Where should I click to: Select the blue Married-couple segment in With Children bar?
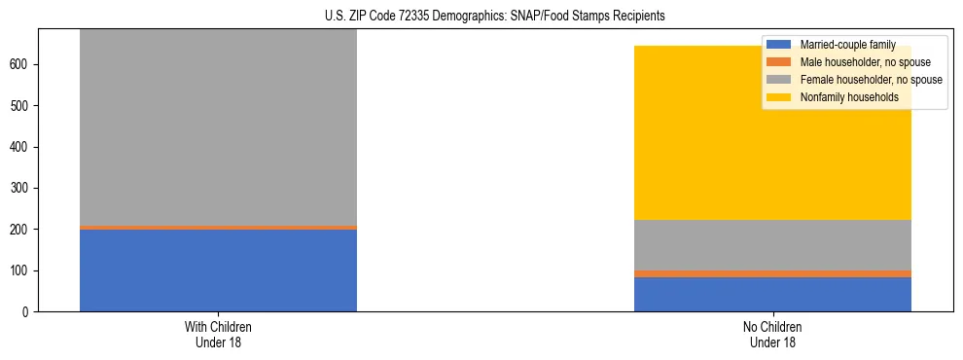pos(218,270)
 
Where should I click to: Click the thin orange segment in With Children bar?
pos(218,228)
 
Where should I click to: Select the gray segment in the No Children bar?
pos(772,245)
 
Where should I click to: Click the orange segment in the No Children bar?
pos(772,273)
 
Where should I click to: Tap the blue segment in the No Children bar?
pos(772,295)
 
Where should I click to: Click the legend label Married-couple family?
pos(847,45)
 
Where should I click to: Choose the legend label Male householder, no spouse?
pos(862,62)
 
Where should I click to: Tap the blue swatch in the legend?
pos(780,45)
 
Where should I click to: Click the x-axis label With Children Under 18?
pos(218,334)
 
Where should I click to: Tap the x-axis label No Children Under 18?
pos(772,334)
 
